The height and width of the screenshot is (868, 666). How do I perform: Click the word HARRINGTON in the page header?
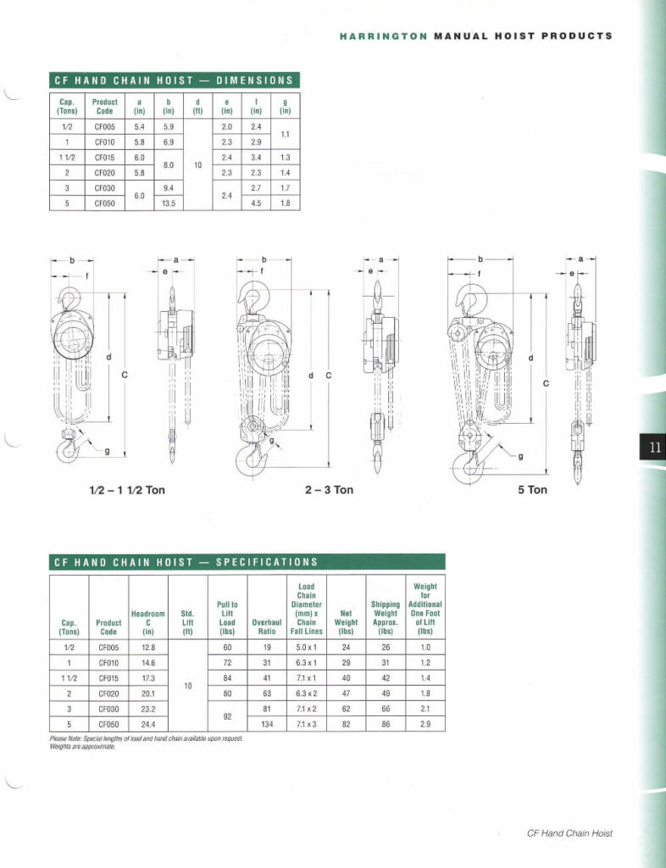coord(384,36)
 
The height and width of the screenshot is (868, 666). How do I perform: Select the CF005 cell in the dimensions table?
coord(104,126)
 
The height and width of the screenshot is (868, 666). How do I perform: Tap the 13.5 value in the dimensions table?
coord(168,203)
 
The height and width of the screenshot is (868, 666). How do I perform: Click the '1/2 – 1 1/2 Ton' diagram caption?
coord(127,490)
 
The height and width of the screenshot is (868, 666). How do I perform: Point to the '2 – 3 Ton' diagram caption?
coord(329,490)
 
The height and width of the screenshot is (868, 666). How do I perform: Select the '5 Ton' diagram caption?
coord(532,490)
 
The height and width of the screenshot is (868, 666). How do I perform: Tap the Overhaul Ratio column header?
coord(266,626)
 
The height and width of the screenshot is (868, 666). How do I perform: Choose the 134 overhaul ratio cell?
coord(266,724)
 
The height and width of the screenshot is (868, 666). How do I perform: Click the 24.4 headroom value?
coord(147,724)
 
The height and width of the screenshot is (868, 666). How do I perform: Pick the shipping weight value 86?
coord(386,724)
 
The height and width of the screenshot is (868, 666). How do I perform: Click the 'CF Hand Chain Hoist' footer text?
coord(569,833)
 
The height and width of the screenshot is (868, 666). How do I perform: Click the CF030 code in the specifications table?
coord(108,709)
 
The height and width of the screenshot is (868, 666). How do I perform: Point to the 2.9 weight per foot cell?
coord(425,724)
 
